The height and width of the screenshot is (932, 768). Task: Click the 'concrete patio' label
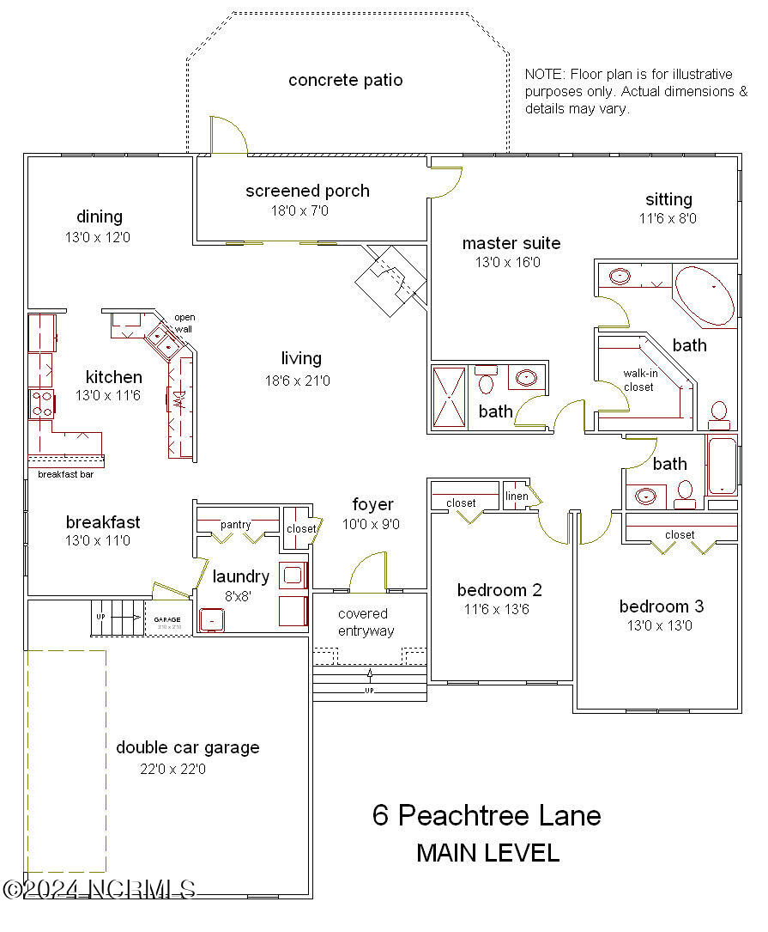(345, 80)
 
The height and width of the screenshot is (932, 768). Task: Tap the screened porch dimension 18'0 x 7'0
(299, 210)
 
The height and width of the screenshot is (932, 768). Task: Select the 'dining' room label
(100, 216)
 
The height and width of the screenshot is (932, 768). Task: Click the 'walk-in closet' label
(638, 380)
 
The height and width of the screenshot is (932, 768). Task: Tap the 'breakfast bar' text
(65, 474)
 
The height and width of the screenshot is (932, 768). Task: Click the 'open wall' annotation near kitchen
(184, 323)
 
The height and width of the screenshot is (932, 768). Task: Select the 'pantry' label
(235, 525)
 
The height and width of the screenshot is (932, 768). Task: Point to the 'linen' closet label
(517, 496)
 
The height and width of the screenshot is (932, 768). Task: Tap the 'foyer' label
(372, 504)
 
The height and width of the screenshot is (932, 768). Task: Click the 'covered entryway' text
(366, 622)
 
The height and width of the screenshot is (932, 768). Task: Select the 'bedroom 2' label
(499, 590)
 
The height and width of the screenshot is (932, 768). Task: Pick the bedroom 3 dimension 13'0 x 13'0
(662, 625)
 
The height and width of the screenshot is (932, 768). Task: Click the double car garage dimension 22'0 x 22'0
(172, 769)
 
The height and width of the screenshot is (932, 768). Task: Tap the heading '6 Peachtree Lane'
(487, 814)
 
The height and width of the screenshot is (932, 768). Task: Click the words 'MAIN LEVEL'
(487, 853)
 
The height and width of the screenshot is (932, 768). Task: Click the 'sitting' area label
(668, 199)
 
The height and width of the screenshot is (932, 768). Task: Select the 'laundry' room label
(241, 576)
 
